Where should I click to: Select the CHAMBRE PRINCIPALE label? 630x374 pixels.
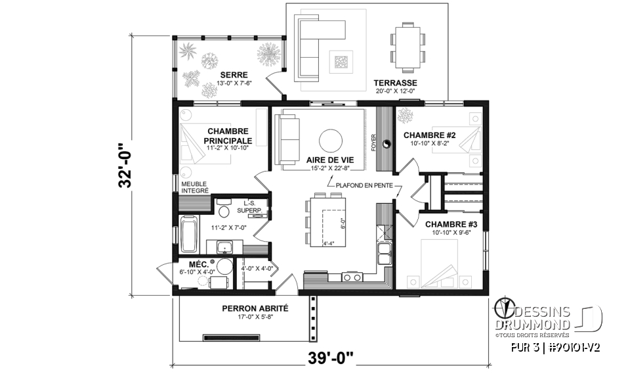coord(228,136)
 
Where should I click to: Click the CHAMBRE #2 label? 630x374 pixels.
coord(429,135)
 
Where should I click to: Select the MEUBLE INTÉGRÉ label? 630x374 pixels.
coord(195,187)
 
